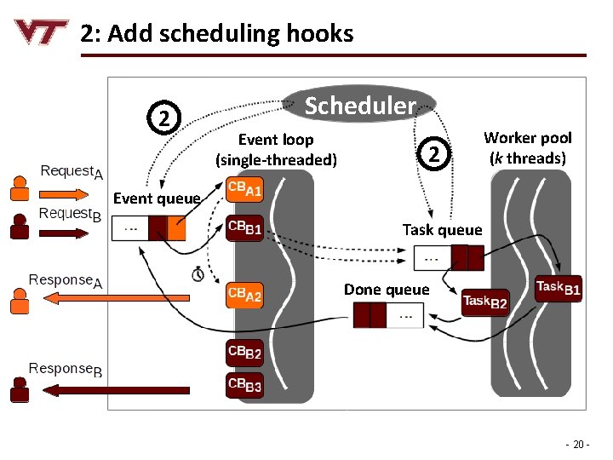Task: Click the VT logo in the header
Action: (40, 33)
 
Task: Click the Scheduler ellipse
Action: (360, 106)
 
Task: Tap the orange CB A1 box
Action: (244, 190)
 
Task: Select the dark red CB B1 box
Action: (244, 227)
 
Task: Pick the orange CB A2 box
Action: (244, 295)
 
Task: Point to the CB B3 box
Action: (244, 384)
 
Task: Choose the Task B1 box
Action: (559, 289)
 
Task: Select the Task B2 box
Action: (484, 302)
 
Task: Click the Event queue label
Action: (157, 198)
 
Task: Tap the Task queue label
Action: (442, 229)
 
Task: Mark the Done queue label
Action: (387, 290)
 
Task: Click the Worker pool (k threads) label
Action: (528, 147)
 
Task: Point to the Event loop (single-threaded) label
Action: (276, 149)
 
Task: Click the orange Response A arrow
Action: (94, 297)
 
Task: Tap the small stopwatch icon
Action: (198, 274)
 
